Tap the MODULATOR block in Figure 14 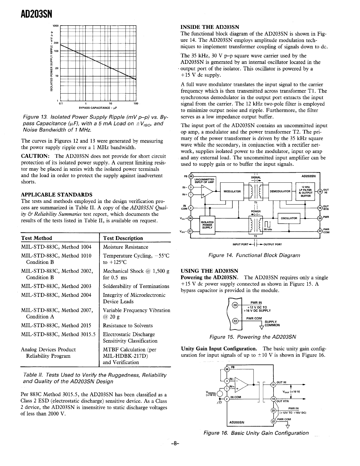coord(232,192)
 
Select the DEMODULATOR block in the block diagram coord(280,192)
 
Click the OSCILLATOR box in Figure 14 coord(289,218)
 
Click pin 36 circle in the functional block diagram coord(191,218)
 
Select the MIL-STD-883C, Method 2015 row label coord(56,326)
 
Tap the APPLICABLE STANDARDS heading coord(56,195)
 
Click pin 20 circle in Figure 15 coord(235,305)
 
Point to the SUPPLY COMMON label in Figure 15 coord(272,323)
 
